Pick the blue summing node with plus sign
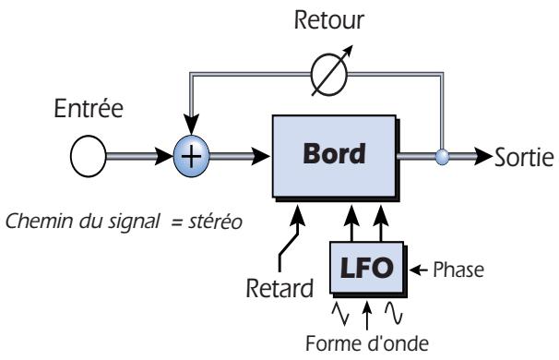click(190, 157)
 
